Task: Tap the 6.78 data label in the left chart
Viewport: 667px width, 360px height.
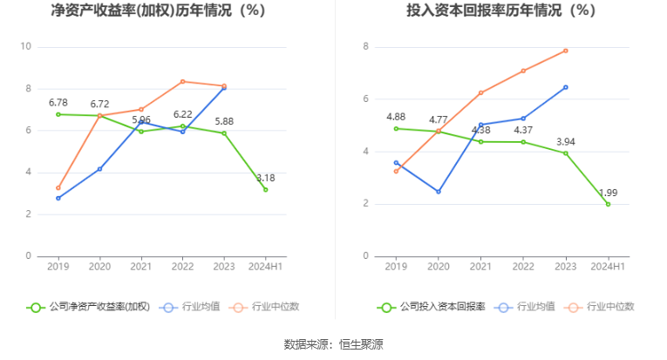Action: [58, 103]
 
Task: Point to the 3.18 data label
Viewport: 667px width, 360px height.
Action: [265, 178]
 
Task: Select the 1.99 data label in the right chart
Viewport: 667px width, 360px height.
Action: [608, 193]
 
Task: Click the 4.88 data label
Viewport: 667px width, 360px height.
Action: [396, 117]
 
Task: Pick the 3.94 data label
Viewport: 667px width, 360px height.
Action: [565, 141]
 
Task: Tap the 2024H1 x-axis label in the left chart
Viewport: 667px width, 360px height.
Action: [265, 266]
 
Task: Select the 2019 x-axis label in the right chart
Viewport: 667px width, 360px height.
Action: [396, 266]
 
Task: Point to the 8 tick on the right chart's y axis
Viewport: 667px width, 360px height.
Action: [366, 47]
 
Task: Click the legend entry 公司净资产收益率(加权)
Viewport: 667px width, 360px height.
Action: [90, 307]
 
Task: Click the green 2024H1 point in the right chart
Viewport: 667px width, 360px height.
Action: [608, 204]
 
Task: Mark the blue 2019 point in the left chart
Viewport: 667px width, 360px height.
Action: [58, 198]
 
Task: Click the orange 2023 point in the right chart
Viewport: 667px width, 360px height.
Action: [565, 51]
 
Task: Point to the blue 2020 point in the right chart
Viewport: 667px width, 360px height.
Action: [439, 192]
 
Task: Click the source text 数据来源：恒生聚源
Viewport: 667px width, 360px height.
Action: [334, 344]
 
